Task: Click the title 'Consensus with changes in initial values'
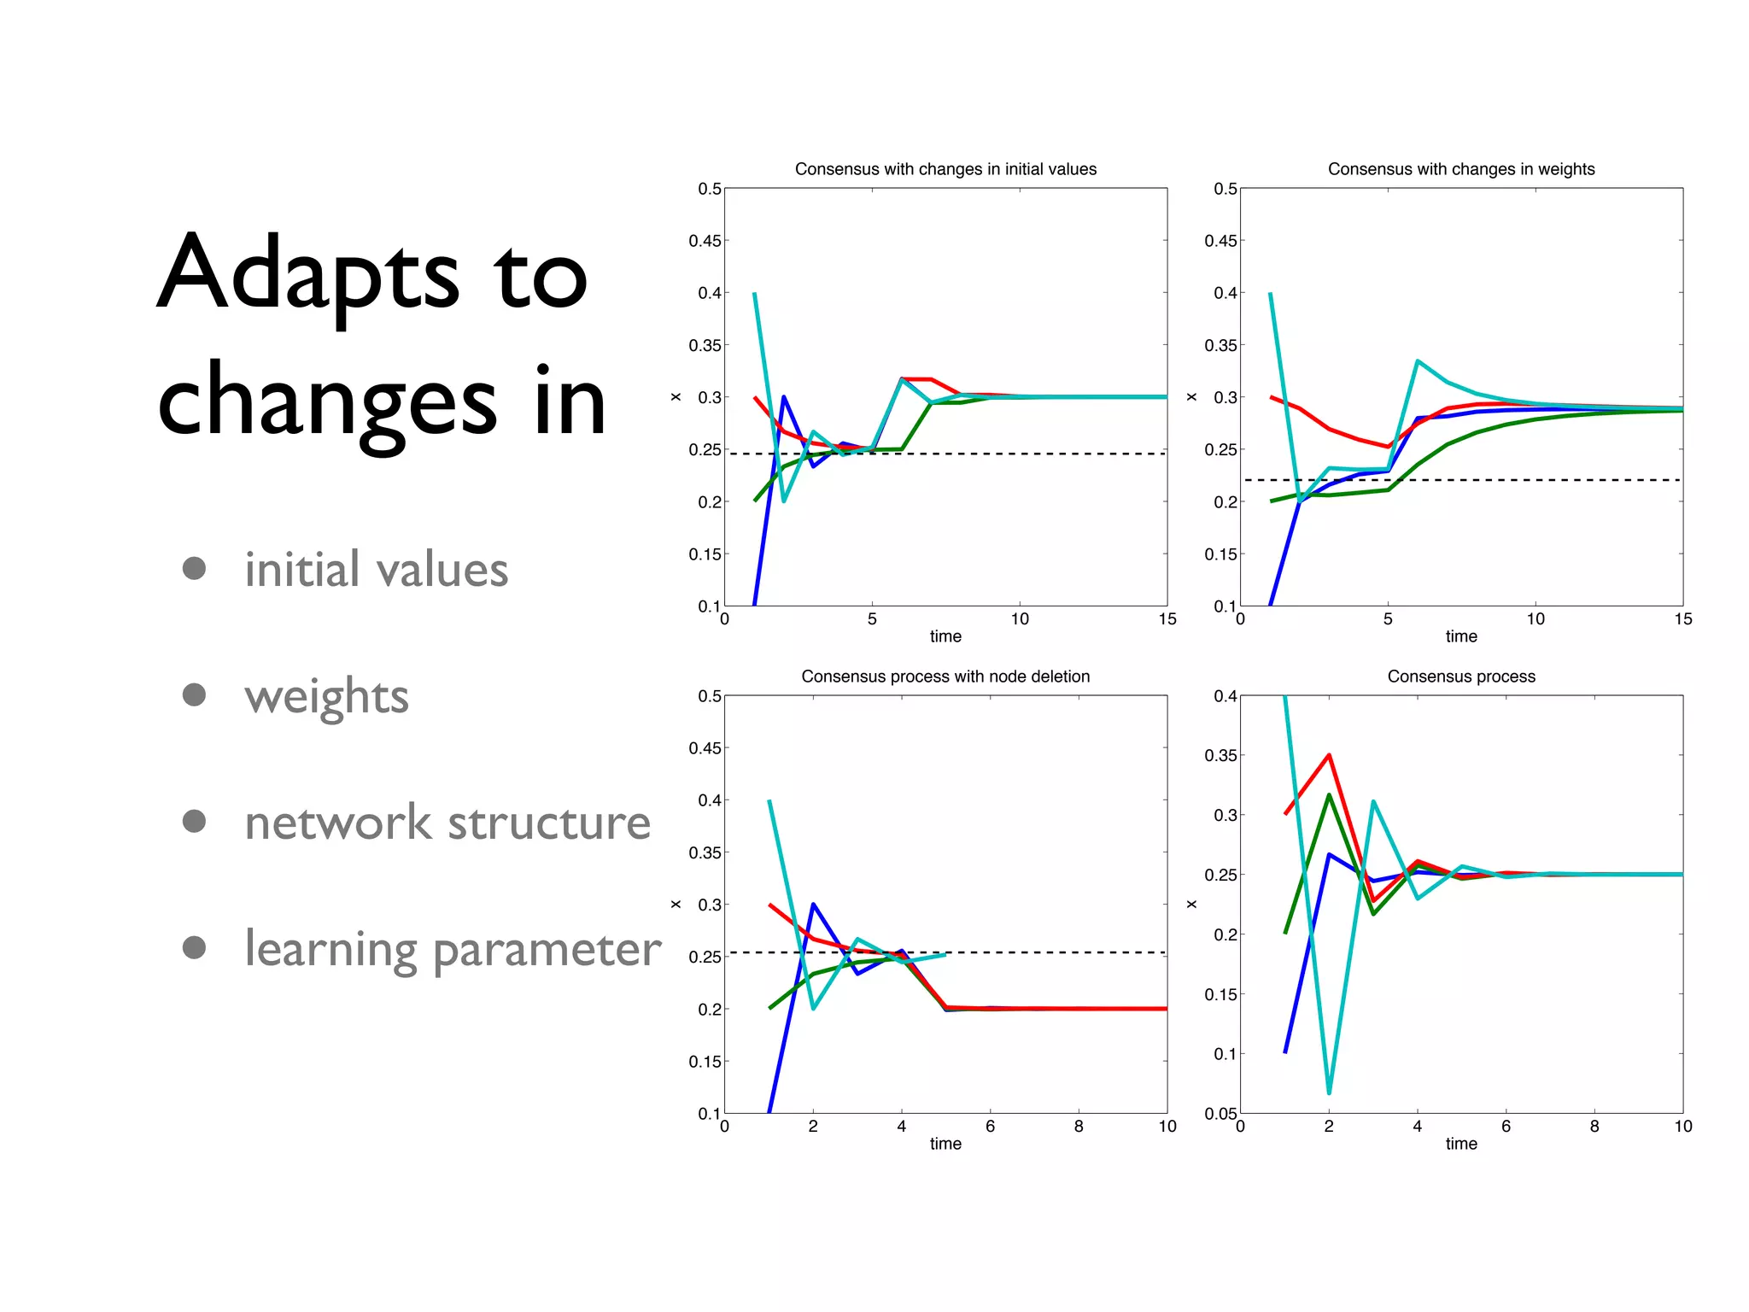coord(945,169)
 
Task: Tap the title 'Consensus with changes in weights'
coord(1460,169)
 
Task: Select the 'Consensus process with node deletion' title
coord(945,676)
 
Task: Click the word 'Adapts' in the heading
coord(309,273)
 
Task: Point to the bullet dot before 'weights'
coord(195,694)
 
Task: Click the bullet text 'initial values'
coord(376,570)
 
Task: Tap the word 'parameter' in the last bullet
coord(547,950)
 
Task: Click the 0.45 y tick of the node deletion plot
coord(705,748)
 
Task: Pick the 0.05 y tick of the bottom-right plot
coord(1220,1114)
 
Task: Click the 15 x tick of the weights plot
coord(1682,619)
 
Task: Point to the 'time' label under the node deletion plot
coord(945,1144)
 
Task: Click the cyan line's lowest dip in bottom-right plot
coord(1329,1092)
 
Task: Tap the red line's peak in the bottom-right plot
coord(1329,755)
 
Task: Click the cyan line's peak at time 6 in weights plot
coord(1418,361)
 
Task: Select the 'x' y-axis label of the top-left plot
coord(676,397)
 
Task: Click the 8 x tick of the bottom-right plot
coord(1594,1127)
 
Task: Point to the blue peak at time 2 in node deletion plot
coord(813,904)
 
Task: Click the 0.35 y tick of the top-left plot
coord(705,345)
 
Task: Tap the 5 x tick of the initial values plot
coord(872,619)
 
